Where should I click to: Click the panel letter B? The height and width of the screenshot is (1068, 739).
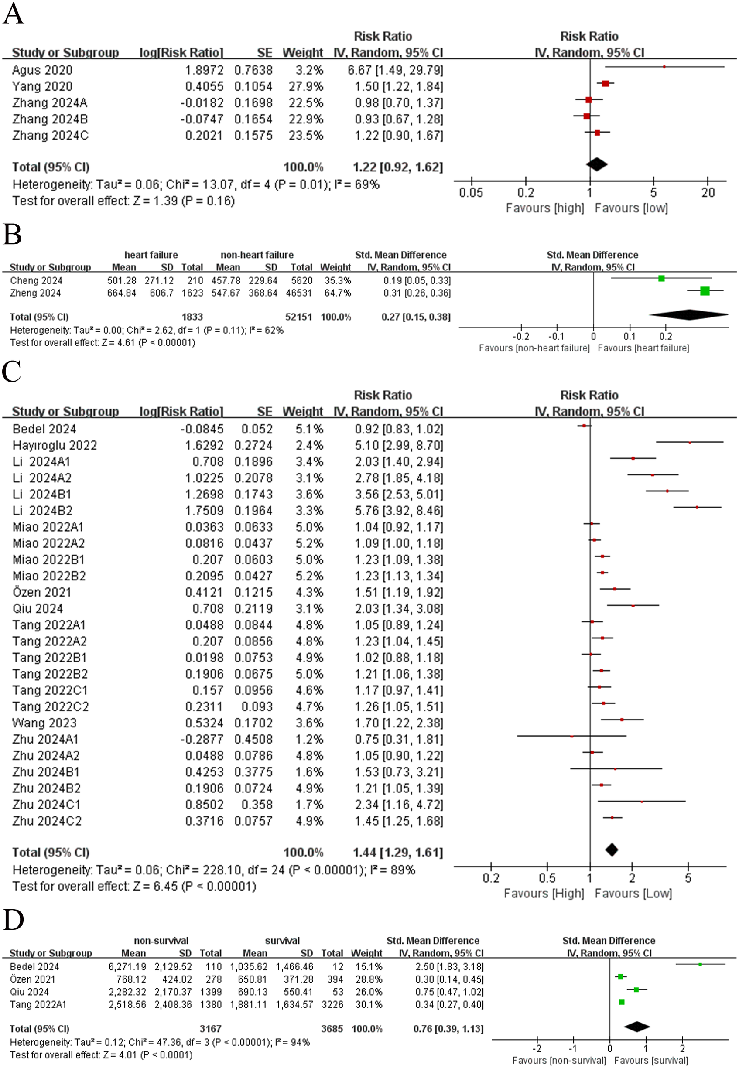13,235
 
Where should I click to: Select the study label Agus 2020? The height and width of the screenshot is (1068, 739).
42,70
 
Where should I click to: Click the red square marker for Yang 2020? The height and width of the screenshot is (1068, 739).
605,84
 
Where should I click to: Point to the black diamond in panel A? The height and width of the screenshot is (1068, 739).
596,164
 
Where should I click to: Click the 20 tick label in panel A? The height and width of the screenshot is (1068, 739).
708,193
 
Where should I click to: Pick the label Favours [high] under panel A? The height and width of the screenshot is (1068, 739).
544,208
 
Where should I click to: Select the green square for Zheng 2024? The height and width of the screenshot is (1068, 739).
705,290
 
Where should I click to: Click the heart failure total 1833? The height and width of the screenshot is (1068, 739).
192,317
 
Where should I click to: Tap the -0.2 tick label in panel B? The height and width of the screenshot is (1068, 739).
520,336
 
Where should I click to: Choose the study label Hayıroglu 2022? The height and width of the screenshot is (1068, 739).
55,446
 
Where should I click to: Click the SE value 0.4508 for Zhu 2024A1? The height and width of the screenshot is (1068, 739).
253,740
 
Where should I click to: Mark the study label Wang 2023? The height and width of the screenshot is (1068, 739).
44,723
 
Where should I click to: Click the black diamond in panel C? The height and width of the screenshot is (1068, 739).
612,850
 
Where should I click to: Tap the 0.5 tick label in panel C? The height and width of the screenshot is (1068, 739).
547,878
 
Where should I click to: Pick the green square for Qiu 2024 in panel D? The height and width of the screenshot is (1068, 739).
636,990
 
